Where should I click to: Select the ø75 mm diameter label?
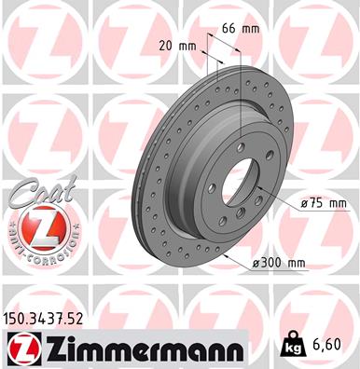click(321, 202)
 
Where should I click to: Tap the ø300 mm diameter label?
click(280, 264)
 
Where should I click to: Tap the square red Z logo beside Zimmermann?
click(22, 348)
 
